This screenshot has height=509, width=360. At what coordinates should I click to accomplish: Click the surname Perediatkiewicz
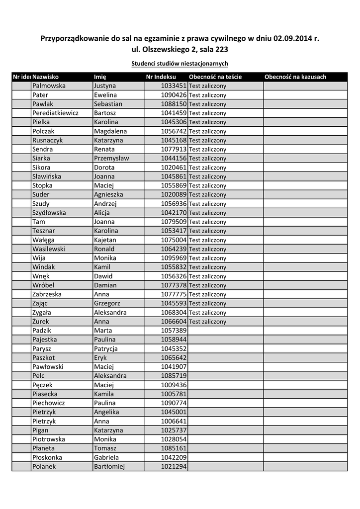pyautogui.click(x=55, y=113)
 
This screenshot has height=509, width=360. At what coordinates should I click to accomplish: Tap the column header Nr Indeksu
pyautogui.click(x=161, y=77)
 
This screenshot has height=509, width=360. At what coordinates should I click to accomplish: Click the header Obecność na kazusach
pyautogui.click(x=295, y=77)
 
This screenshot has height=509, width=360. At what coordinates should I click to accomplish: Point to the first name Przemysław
pyautogui.click(x=111, y=158)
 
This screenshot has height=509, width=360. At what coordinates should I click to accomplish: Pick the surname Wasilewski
pyautogui.click(x=49, y=249)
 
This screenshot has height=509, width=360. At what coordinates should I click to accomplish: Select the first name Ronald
pyautogui.click(x=104, y=249)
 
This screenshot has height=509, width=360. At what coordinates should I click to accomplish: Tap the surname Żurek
pyautogui.click(x=41, y=322)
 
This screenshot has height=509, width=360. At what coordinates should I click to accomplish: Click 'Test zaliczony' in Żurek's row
pyautogui.click(x=207, y=322)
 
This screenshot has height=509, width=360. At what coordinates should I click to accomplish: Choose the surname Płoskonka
pyautogui.click(x=47, y=457)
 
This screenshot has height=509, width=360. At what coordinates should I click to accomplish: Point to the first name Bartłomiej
pyautogui.click(x=109, y=467)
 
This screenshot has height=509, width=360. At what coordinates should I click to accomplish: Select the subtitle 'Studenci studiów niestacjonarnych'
pyautogui.click(x=180, y=64)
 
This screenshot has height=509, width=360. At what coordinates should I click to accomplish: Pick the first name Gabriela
pyautogui.click(x=106, y=457)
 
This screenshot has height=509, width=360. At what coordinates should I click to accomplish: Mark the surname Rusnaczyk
pyautogui.click(x=47, y=140)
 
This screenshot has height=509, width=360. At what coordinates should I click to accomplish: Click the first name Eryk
pyautogui.click(x=100, y=358)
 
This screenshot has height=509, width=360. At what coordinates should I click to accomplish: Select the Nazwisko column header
pyautogui.click(x=46, y=77)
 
